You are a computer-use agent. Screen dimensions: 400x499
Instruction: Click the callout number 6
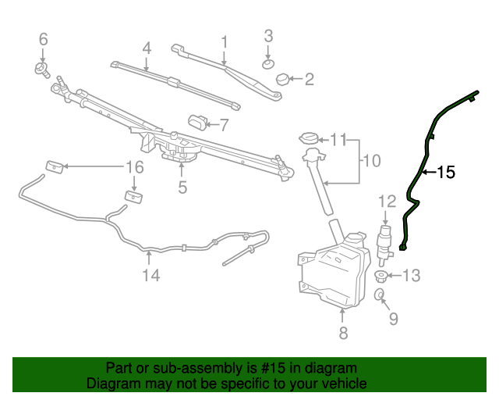click(x=44, y=38)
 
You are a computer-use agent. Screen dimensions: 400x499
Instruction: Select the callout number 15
click(x=445, y=173)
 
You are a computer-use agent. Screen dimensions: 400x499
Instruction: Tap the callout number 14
click(x=150, y=275)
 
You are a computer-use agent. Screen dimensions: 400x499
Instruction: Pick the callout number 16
click(x=135, y=167)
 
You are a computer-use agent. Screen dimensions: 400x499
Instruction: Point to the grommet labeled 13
click(x=381, y=275)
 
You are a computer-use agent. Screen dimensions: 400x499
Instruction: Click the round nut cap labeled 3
click(x=268, y=62)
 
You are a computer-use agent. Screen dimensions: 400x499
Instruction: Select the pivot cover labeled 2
click(x=281, y=77)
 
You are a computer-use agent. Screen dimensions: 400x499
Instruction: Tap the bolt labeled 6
click(x=41, y=69)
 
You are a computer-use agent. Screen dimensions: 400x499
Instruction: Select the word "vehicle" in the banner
click(x=342, y=384)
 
